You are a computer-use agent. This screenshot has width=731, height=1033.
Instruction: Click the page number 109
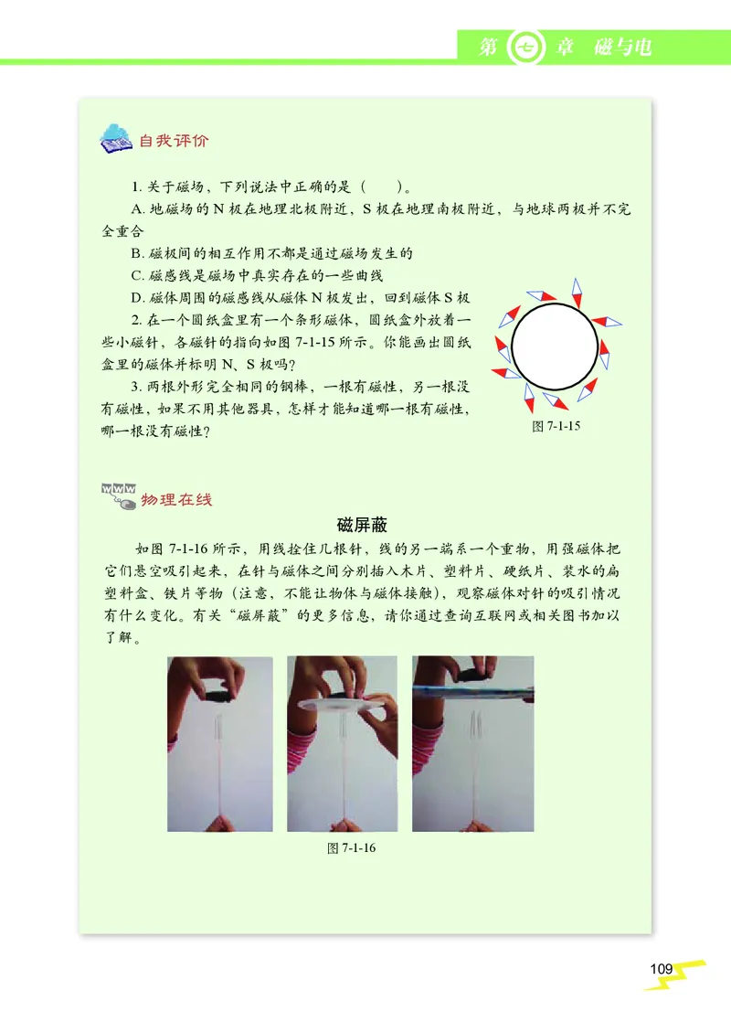[662, 969]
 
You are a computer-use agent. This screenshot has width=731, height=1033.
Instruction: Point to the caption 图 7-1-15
[557, 426]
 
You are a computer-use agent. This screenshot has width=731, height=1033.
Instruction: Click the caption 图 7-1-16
[352, 847]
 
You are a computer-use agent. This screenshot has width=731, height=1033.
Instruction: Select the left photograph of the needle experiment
[220, 743]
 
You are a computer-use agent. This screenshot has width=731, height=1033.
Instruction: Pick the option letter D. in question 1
[139, 297]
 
